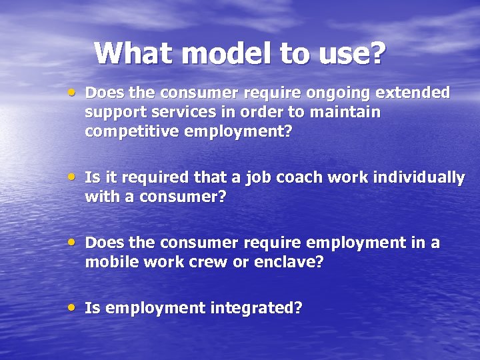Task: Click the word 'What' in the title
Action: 129,53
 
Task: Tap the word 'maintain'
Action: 347,112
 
